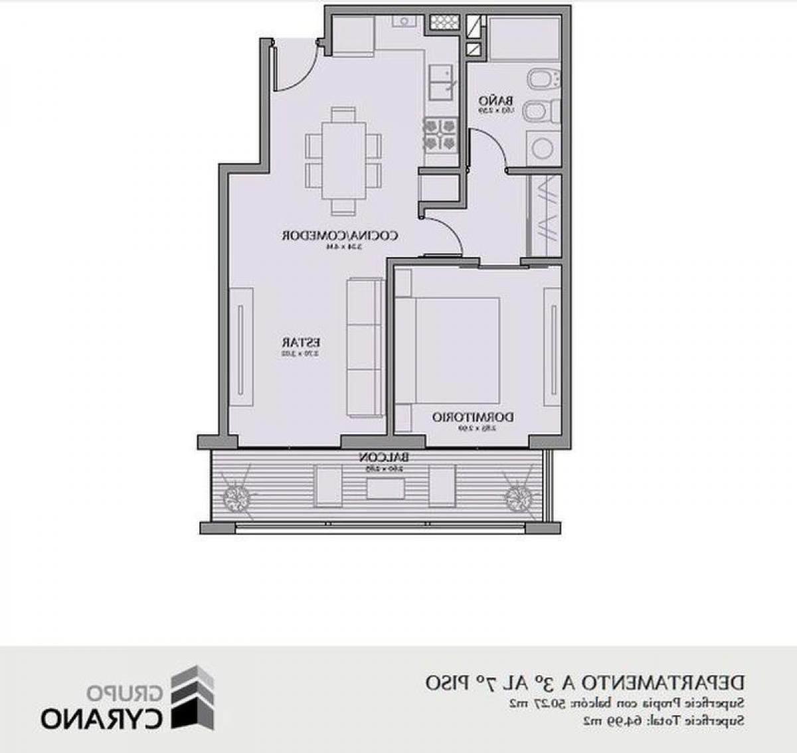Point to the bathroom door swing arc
pyautogui.click(x=490, y=149)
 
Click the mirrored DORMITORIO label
pyautogui.click(x=473, y=417)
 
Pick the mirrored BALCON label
pyautogui.click(x=384, y=458)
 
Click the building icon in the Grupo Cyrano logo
pyautogui.click(x=193, y=697)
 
